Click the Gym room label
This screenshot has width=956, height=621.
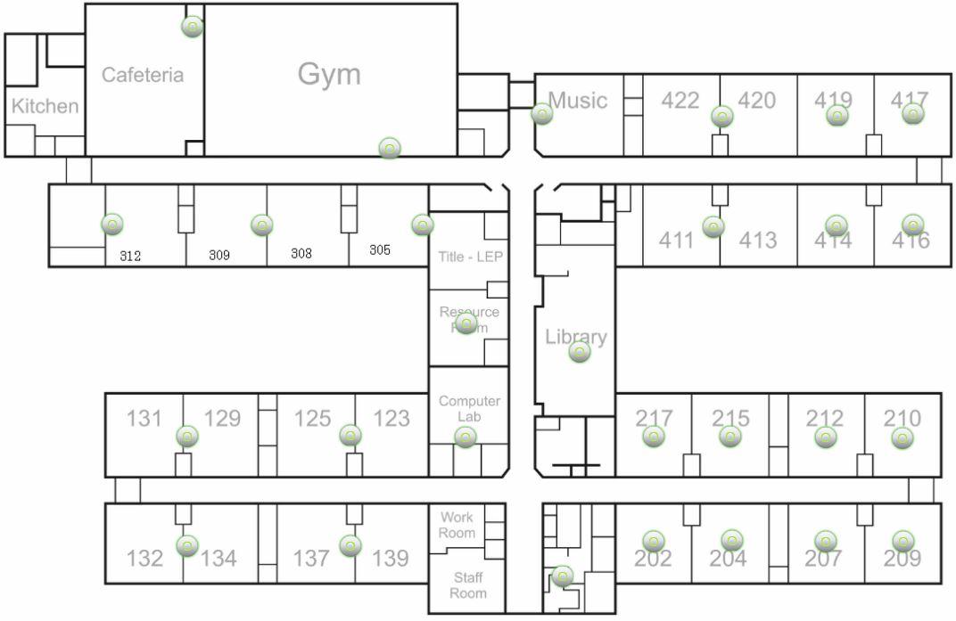coord(329,74)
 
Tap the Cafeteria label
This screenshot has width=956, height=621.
coord(143,75)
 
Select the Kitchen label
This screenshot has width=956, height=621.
coord(45,106)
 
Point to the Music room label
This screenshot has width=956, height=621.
coord(578,100)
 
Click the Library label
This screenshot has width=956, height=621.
coord(576,337)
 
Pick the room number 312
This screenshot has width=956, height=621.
coord(130,256)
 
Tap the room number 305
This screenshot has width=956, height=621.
coord(380,250)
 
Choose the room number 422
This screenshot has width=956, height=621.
coord(680,100)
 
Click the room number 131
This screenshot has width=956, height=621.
coord(144,418)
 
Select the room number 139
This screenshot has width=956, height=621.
coord(390,559)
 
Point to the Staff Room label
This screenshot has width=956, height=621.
coord(468,585)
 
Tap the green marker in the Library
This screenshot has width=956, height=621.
coord(580,353)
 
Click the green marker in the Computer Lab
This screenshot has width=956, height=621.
coord(466,437)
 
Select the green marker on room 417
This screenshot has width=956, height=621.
coord(912,113)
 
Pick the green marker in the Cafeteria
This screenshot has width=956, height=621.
coord(192,27)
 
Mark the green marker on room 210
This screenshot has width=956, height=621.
coord(902,437)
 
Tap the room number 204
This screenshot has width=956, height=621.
coord(728,559)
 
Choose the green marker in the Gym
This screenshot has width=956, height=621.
coord(389,148)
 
